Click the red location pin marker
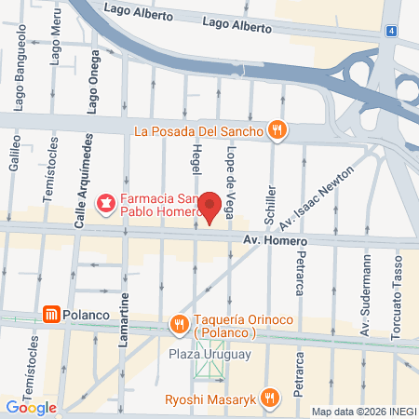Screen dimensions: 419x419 point(210,207)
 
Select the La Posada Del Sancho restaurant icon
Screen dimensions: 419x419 point(276,129)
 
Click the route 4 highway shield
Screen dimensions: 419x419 point(392,30)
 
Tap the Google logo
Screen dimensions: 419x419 point(32,407)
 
